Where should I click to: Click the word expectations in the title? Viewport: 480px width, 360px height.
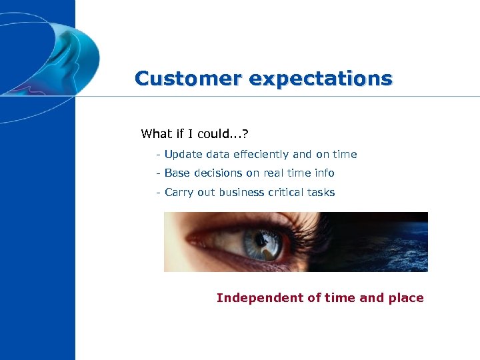[x=321, y=79]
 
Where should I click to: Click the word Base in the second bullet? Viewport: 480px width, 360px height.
[x=177, y=173]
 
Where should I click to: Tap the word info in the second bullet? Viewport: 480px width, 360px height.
[x=323, y=173]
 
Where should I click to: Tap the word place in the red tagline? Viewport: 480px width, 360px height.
[x=407, y=298]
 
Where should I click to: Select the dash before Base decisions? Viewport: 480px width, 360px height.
[x=157, y=173]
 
